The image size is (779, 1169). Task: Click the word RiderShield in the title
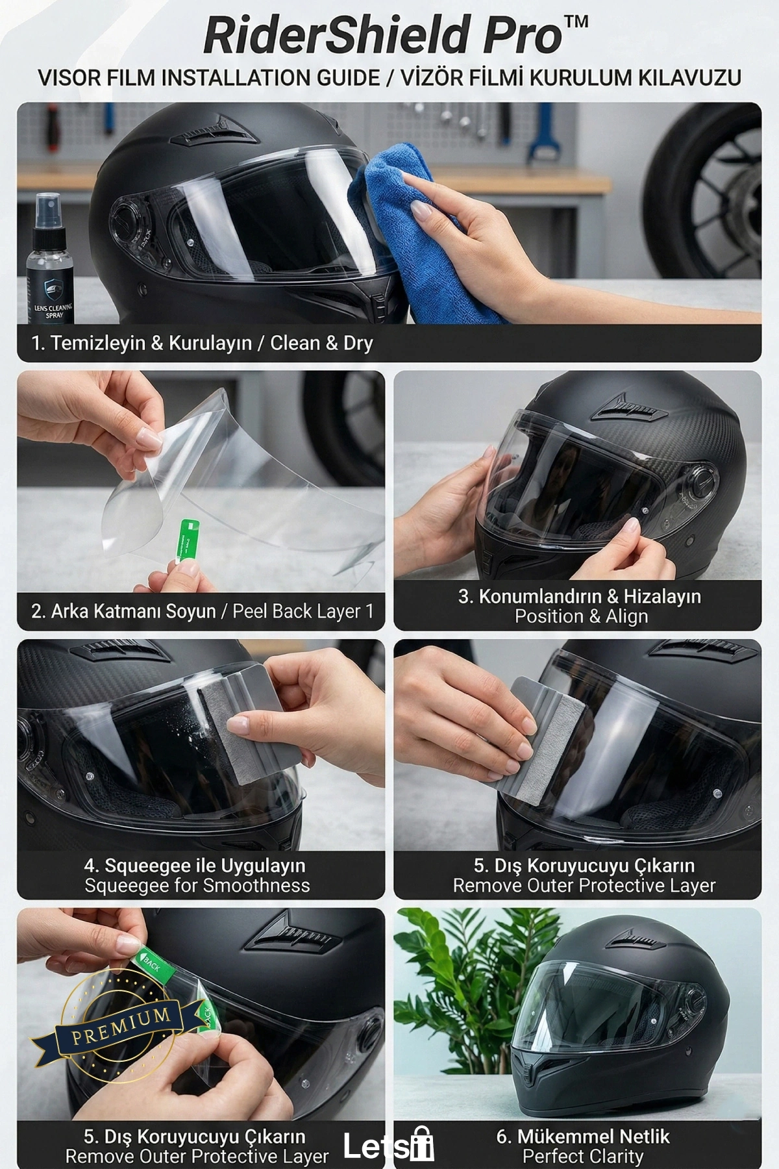[x=335, y=36]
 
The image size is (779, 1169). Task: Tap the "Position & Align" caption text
[x=581, y=616]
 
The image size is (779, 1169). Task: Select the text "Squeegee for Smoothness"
[x=197, y=886]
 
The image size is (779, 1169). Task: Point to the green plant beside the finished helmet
[x=464, y=994]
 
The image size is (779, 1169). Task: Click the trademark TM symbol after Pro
[x=575, y=21]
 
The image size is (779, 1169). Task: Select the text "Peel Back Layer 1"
[x=303, y=612]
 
